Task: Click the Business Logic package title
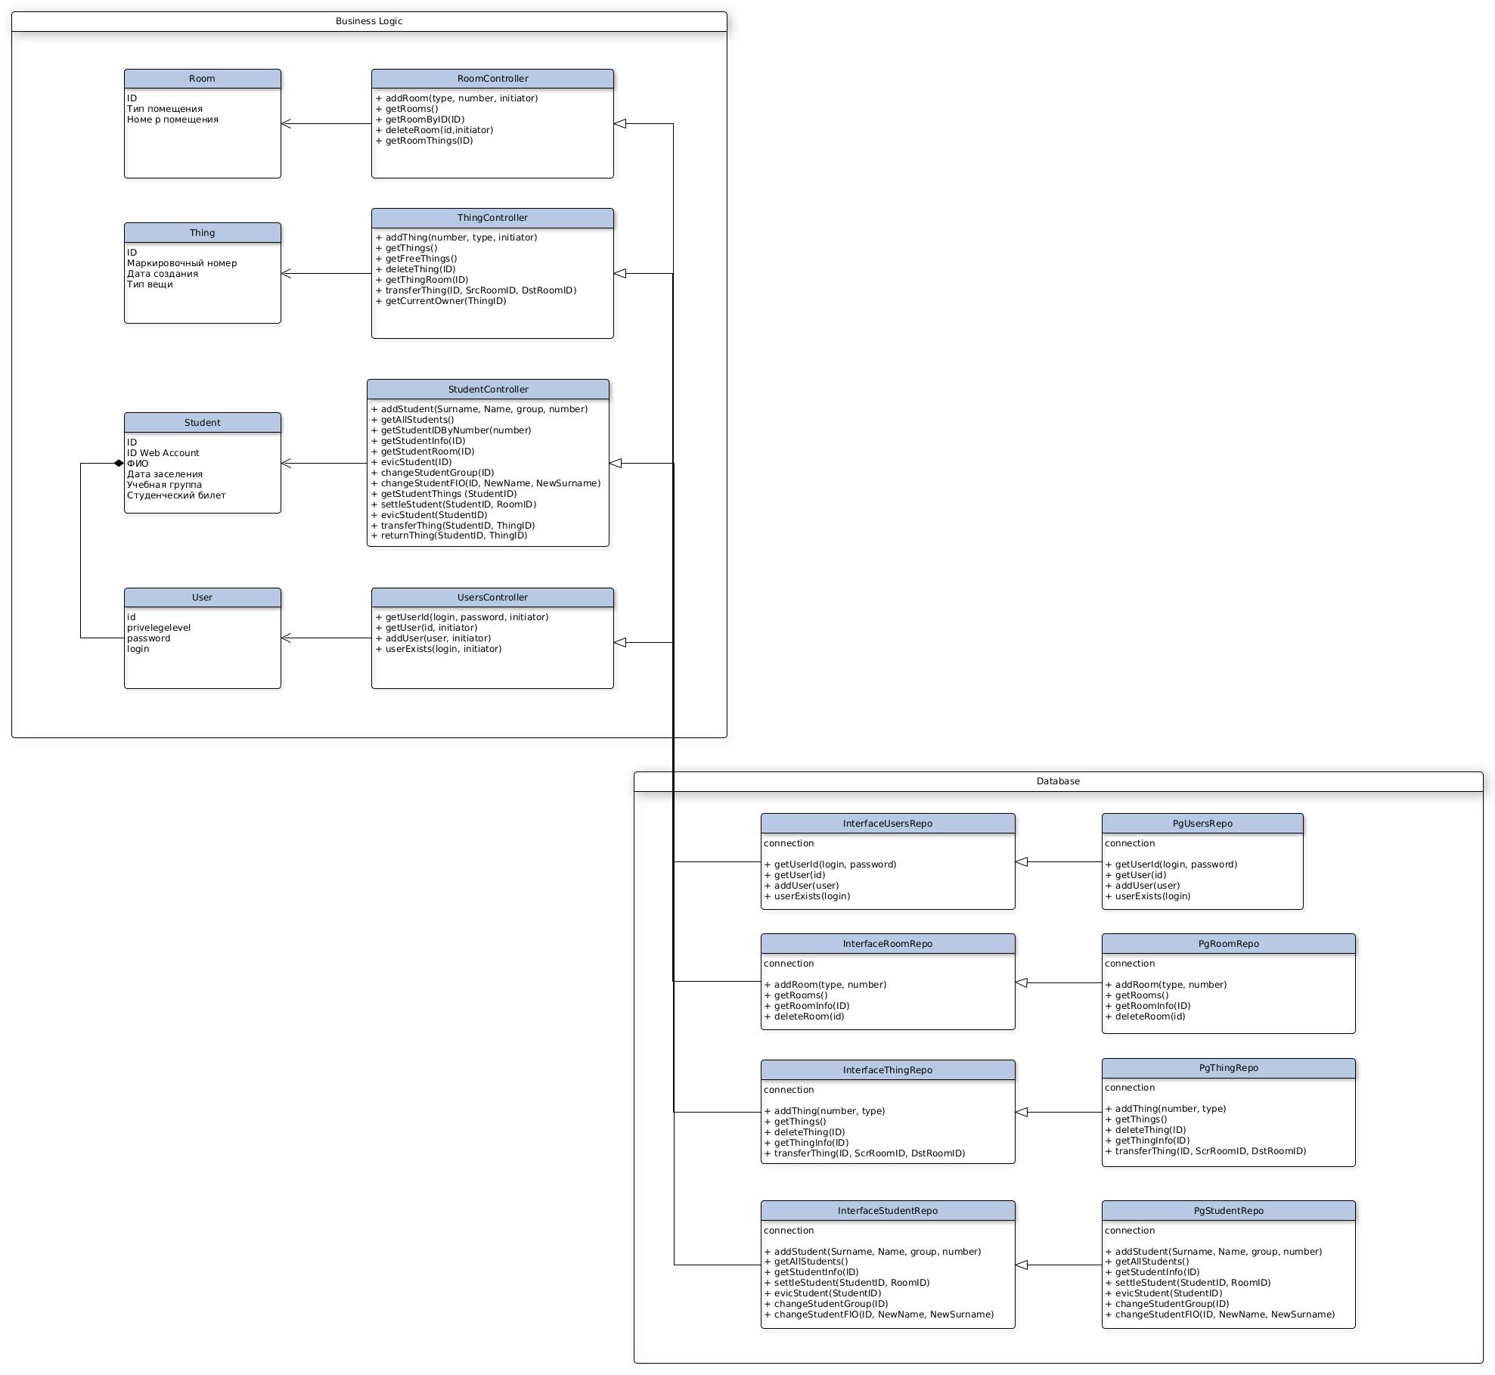tap(369, 21)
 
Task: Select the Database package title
tap(1058, 781)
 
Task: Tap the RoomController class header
tap(492, 79)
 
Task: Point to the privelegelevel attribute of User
tap(159, 628)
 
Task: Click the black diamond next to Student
tap(119, 464)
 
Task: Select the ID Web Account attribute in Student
tap(163, 453)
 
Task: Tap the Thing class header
tap(202, 233)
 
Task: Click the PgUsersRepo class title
tap(1202, 824)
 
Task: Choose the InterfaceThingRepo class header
tap(888, 1070)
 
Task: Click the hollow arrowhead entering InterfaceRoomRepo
tap(1022, 982)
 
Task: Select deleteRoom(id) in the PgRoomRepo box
tap(1149, 1017)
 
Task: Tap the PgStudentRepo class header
tap(1228, 1211)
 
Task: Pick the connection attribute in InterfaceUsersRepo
tap(789, 843)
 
